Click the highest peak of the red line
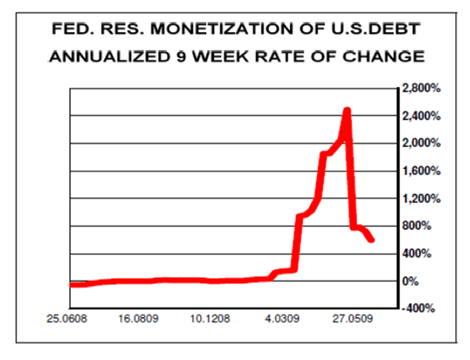[x=347, y=110]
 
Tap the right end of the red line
[x=371, y=239]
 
